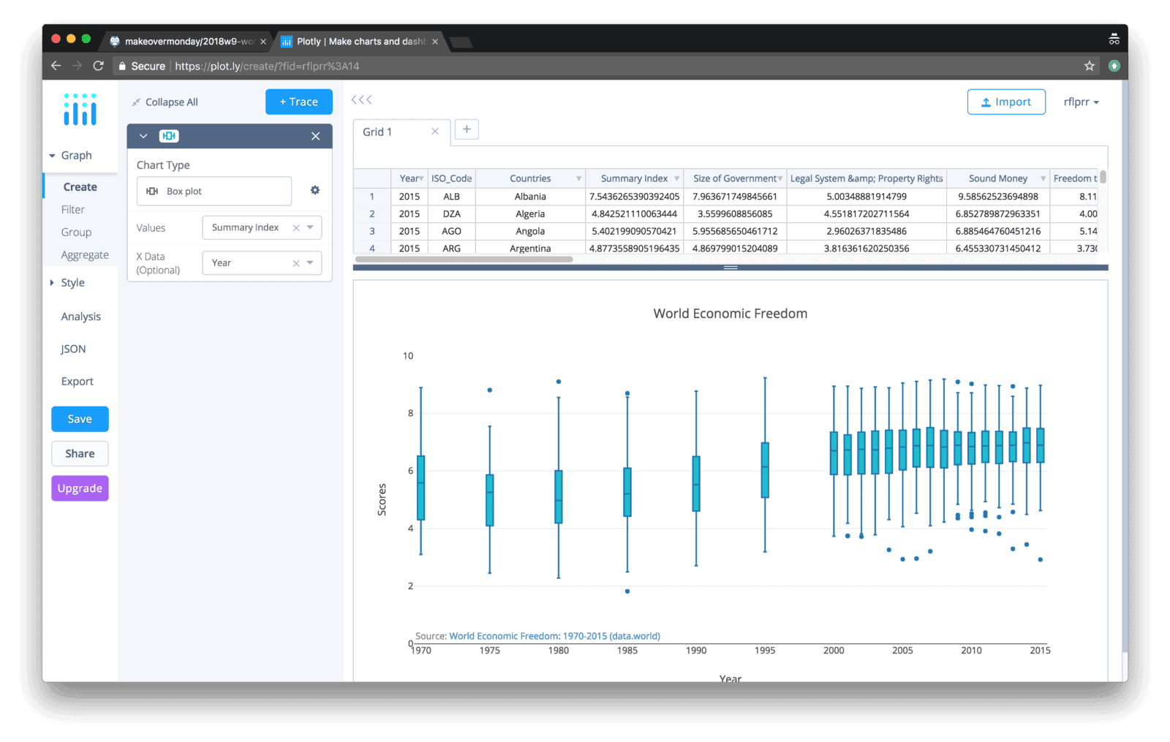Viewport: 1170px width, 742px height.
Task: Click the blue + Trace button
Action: pos(298,102)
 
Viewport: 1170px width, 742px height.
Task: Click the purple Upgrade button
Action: pos(80,488)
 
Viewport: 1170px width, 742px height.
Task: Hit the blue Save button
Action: pos(80,419)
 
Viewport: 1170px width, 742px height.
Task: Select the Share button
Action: pos(80,453)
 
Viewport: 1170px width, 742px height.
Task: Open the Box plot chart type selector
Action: pos(214,191)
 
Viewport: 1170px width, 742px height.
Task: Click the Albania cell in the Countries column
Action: pos(530,197)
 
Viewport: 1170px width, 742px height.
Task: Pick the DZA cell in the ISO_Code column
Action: pos(451,214)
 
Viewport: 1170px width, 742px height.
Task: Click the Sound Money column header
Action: pos(997,178)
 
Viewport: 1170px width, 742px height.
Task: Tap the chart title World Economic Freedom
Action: pos(730,314)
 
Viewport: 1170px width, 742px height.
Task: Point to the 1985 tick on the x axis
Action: pos(627,650)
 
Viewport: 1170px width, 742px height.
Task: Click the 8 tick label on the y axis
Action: pos(410,413)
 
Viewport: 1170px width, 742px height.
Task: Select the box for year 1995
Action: pos(765,470)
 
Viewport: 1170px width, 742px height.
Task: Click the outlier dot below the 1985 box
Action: pos(627,591)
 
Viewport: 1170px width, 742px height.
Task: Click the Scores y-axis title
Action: pos(382,500)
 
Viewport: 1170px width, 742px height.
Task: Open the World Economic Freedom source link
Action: pos(554,636)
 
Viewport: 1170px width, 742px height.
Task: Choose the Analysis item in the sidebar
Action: pos(80,317)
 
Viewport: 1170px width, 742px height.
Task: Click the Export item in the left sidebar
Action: pos(77,382)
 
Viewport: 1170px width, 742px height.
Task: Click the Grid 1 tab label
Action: pos(377,132)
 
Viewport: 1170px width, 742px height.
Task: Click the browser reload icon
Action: pos(98,66)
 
